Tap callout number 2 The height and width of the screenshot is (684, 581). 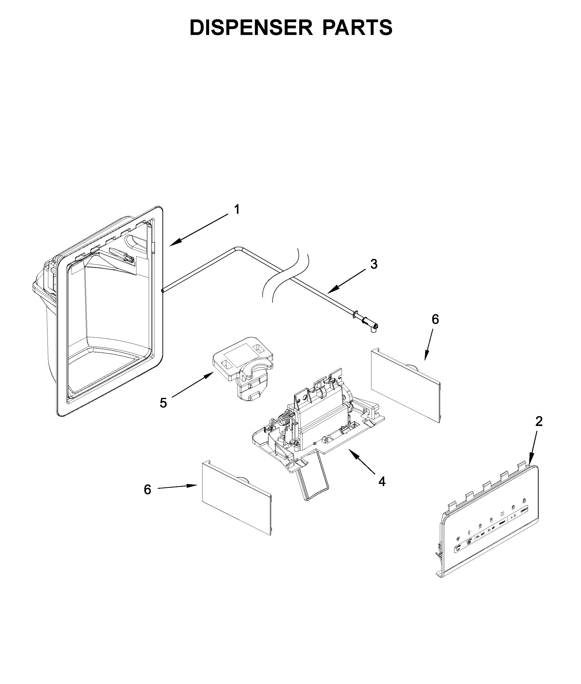538,421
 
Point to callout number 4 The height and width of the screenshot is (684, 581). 382,482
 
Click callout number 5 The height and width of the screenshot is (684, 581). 163,403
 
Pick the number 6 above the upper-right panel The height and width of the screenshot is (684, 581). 435,319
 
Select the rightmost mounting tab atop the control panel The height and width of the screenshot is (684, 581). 522,466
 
